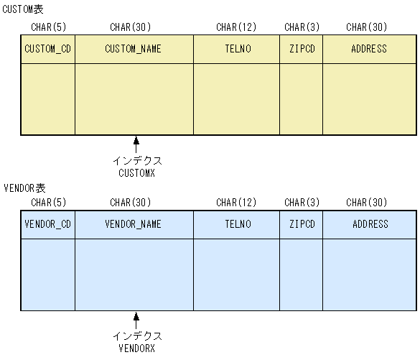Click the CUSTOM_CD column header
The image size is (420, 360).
(47, 49)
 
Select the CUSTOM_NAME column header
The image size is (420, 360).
(134, 49)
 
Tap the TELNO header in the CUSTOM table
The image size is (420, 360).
(237, 49)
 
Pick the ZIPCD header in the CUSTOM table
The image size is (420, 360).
(302, 49)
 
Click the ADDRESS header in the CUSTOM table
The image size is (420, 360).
(369, 49)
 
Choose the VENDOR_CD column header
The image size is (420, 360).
(47, 223)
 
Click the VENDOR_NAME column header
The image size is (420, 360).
(134, 223)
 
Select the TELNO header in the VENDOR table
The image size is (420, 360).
(237, 223)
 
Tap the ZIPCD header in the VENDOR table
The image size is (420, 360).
(302, 223)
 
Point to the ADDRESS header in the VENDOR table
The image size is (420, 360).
(369, 223)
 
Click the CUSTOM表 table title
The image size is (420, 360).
(23, 9)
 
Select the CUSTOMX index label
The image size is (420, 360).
(136, 172)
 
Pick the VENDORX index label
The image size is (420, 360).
(136, 348)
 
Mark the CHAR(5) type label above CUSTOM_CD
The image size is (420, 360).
(47, 27)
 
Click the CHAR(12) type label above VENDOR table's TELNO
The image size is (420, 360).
(236, 203)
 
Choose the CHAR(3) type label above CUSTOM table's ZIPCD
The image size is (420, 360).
(302, 27)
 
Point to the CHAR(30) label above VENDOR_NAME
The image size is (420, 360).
(131, 203)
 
